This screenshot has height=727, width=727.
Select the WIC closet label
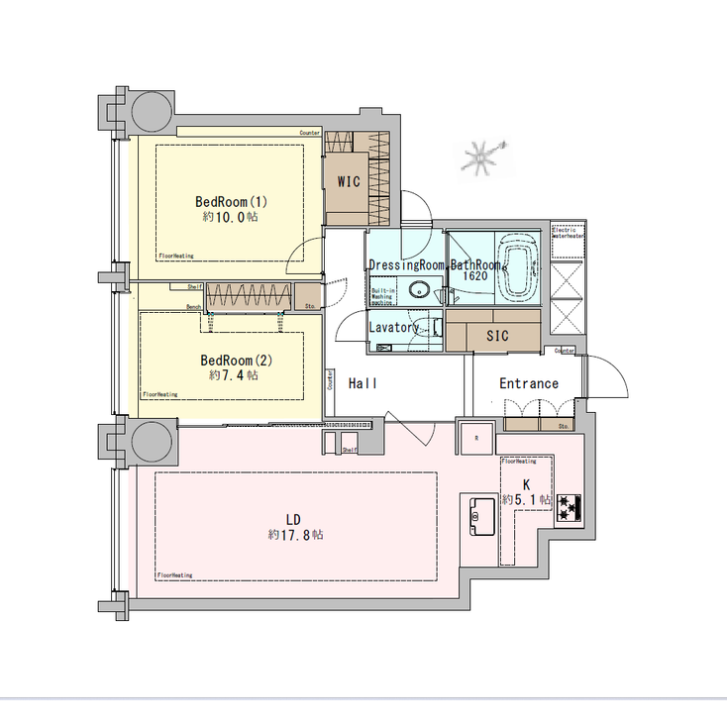(349, 181)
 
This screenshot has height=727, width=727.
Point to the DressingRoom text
(406, 265)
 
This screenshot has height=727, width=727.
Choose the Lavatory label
(395, 327)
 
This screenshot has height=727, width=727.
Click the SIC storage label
(497, 336)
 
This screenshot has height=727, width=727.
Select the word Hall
(363, 383)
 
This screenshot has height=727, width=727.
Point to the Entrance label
(528, 383)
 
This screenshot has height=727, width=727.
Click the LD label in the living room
(293, 519)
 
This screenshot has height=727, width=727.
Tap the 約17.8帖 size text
(294, 534)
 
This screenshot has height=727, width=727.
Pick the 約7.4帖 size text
(234, 375)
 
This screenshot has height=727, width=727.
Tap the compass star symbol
(482, 156)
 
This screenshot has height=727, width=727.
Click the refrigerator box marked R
(475, 437)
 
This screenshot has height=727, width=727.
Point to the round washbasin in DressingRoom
(420, 290)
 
